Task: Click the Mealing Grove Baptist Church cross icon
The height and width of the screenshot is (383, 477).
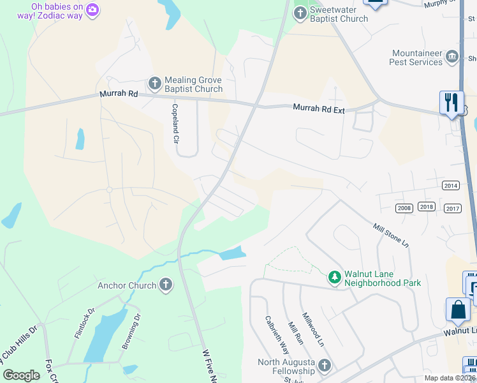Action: [154, 84]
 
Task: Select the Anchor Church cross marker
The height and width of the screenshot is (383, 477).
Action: [166, 285]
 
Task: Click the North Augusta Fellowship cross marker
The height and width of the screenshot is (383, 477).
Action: [325, 366]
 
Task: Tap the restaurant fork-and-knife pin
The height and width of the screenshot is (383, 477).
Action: [451, 103]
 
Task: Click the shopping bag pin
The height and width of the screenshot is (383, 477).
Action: [458, 310]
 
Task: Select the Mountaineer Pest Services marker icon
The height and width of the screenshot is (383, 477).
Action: [453, 57]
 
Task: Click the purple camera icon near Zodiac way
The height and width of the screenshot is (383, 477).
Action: [93, 10]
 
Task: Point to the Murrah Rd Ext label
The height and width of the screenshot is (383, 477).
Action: [319, 109]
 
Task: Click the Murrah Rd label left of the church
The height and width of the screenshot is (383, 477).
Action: [119, 94]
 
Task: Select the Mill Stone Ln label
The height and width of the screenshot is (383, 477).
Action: [390, 234]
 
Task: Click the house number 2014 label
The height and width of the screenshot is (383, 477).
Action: [450, 185]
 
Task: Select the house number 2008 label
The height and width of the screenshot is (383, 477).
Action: [404, 208]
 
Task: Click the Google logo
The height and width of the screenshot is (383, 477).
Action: [22, 375]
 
